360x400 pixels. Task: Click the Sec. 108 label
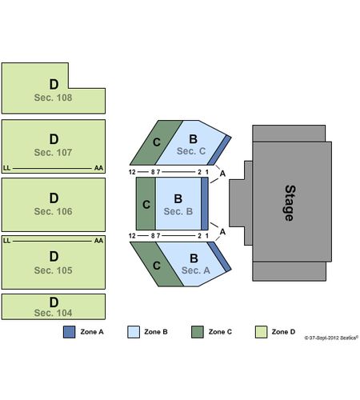point(53,98)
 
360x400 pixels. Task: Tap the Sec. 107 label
point(53,153)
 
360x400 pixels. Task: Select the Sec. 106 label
point(53,211)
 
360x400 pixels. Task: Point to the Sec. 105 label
point(53,270)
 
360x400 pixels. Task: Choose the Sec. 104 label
point(53,313)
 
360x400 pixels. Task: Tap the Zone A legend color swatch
point(69,332)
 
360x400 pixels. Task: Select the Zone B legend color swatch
point(134,332)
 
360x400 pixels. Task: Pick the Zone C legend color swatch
point(198,332)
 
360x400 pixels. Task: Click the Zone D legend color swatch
point(261,332)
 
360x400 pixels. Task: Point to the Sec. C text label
point(191,151)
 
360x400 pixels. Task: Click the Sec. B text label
point(178,211)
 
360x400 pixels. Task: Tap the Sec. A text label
point(196,270)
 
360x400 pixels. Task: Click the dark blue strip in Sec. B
point(205,203)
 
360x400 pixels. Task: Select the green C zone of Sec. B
point(146,203)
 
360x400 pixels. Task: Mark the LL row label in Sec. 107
point(6,168)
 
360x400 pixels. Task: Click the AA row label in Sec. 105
point(98,241)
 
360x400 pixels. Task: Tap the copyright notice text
point(331,338)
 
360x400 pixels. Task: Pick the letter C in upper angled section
point(157,142)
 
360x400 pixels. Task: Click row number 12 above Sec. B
point(132,172)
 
